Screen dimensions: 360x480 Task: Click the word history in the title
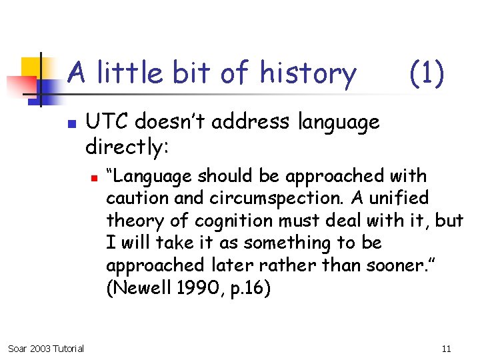click(x=308, y=73)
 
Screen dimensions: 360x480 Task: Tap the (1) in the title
click(x=426, y=72)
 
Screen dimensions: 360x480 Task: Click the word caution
click(x=133, y=199)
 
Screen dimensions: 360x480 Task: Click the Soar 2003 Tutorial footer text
click(x=45, y=348)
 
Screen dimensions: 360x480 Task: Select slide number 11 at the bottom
click(x=446, y=348)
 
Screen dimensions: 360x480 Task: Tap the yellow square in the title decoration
click(x=31, y=66)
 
